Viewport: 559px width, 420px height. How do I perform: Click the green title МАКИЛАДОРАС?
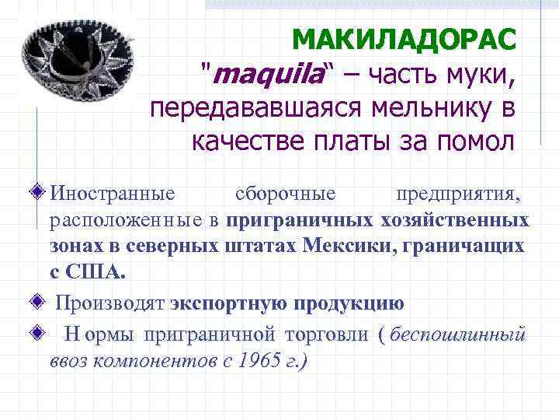[x=404, y=39]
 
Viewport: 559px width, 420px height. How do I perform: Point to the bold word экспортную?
[x=229, y=303]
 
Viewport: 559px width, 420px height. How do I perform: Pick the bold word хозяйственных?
[x=454, y=220]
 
